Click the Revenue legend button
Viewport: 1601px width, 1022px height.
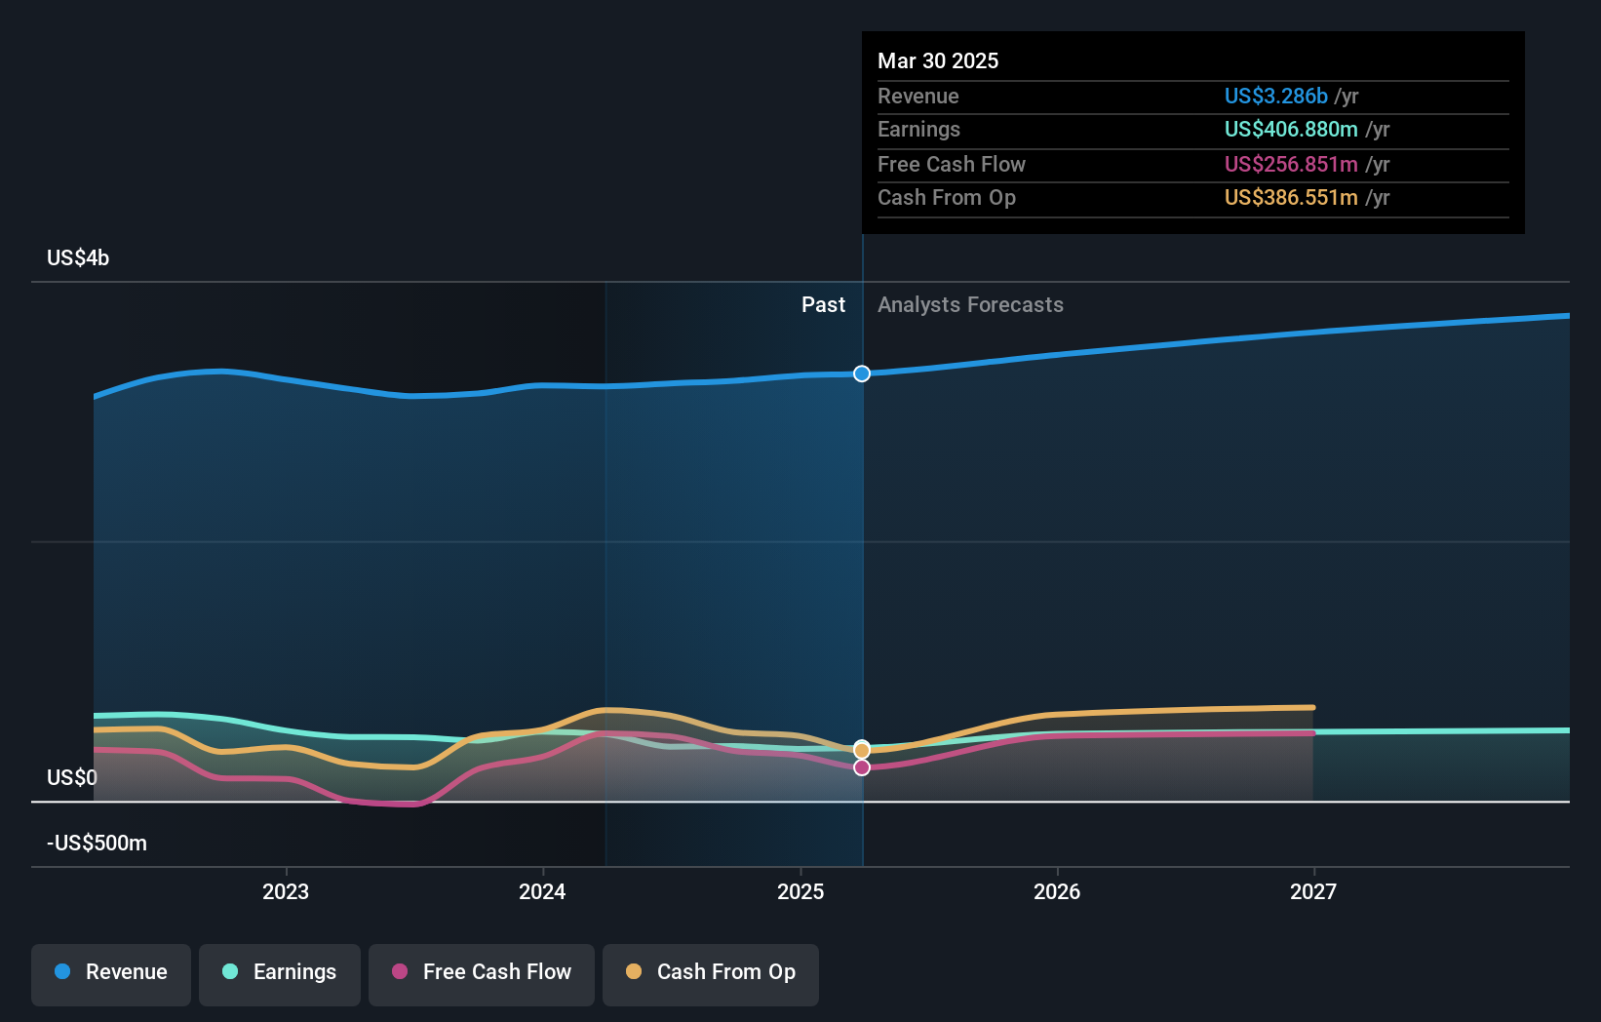(111, 972)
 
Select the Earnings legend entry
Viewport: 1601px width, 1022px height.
(280, 972)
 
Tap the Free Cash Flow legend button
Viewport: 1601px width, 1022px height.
(482, 972)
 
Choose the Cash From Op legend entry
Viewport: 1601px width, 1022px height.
(711, 972)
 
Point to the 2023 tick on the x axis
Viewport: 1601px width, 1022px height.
(286, 891)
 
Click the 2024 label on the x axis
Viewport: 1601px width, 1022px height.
(542, 891)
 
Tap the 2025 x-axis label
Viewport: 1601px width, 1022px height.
(800, 891)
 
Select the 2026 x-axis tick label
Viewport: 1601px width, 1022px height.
(1057, 891)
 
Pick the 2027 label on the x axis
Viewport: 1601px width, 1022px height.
(1313, 891)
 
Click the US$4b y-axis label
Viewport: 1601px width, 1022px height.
(78, 258)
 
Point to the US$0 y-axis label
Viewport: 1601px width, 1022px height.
(72, 777)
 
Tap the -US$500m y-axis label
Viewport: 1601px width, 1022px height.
(98, 843)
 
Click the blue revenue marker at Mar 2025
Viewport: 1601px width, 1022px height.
(862, 373)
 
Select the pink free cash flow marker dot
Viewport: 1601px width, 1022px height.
(862, 767)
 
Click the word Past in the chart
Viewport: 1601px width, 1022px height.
(823, 305)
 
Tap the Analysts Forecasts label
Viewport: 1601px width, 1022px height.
(970, 305)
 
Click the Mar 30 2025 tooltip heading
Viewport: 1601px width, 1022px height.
(938, 60)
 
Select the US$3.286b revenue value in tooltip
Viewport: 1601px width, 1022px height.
(1275, 96)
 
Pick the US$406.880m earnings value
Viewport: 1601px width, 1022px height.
(1291, 130)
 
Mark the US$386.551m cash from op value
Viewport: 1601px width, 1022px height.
(1291, 198)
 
